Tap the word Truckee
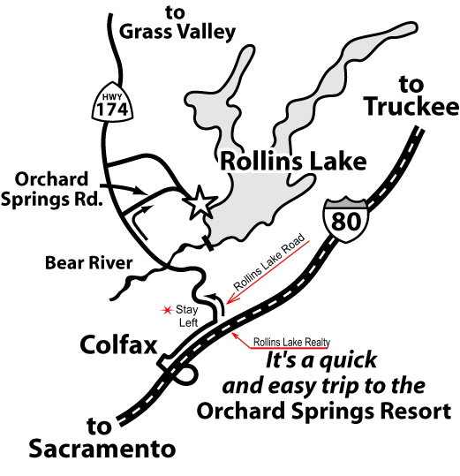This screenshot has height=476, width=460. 412,109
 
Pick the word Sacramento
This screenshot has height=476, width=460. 102,450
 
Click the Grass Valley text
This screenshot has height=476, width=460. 178,34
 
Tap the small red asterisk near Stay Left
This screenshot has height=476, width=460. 163,310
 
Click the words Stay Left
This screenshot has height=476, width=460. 187,316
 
